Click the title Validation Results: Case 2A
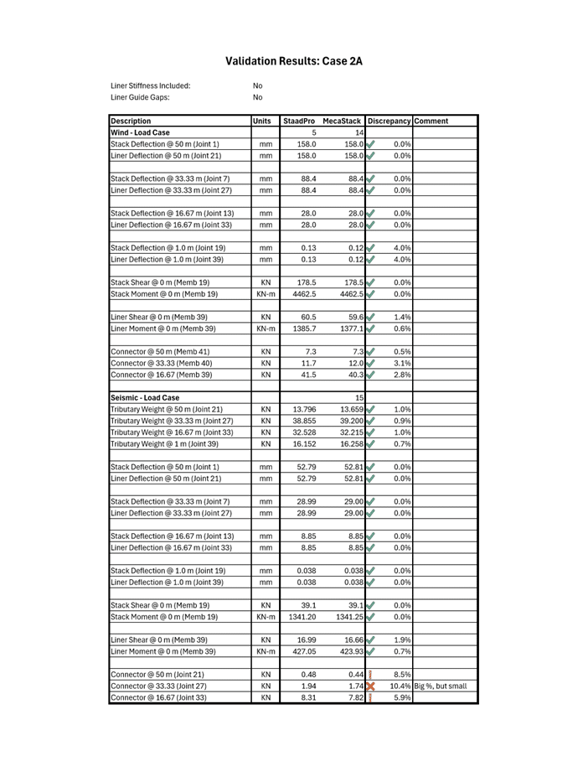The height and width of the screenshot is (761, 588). pyautogui.click(x=293, y=61)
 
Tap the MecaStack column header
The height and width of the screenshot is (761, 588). pyautogui.click(x=342, y=121)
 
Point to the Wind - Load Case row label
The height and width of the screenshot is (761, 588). pyautogui.click(x=140, y=132)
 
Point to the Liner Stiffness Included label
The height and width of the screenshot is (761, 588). pyautogui.click(x=150, y=85)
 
